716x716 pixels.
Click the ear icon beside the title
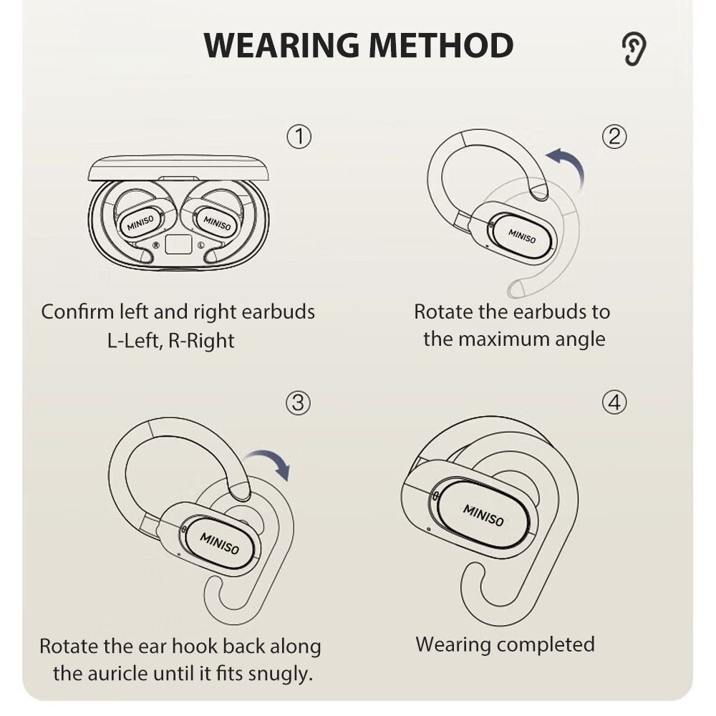pyautogui.click(x=634, y=49)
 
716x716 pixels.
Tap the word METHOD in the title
pyautogui.click(x=441, y=46)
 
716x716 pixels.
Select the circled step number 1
pyautogui.click(x=299, y=137)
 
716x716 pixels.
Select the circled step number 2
pyautogui.click(x=614, y=137)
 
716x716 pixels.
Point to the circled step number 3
pyautogui.click(x=298, y=402)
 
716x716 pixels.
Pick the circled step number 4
pyautogui.click(x=614, y=402)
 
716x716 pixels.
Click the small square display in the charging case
pyautogui.click(x=178, y=244)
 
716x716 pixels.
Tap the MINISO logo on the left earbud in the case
pyautogui.click(x=140, y=223)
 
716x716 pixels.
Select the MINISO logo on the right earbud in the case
pyautogui.click(x=218, y=223)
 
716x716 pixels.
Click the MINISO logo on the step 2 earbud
pyautogui.click(x=522, y=236)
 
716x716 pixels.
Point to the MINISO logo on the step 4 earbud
pyautogui.click(x=483, y=516)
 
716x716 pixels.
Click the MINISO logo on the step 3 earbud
pyautogui.click(x=220, y=543)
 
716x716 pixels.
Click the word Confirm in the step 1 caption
pyautogui.click(x=77, y=312)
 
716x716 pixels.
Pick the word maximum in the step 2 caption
pyautogui.click(x=503, y=339)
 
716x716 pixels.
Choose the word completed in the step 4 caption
pyautogui.click(x=546, y=645)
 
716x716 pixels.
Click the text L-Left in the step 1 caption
pyautogui.click(x=135, y=341)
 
